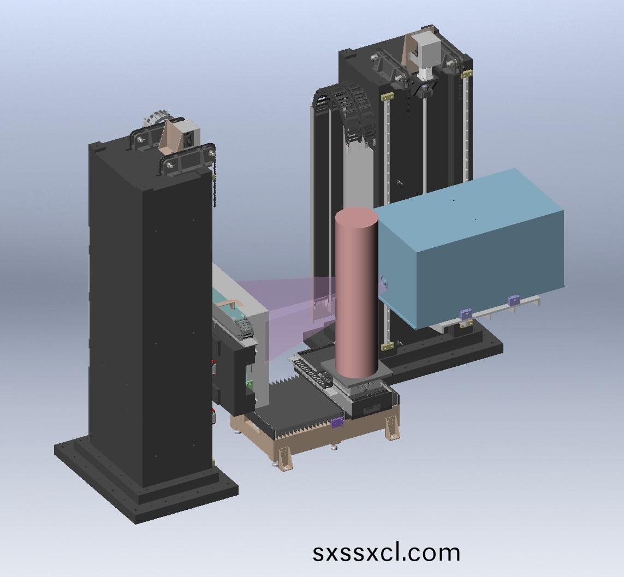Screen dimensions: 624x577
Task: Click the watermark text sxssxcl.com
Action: click(386, 552)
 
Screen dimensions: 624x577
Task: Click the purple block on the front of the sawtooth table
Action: click(337, 422)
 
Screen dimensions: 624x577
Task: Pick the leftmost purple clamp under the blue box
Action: click(465, 314)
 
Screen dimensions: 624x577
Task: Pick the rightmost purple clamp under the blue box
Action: click(514, 300)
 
